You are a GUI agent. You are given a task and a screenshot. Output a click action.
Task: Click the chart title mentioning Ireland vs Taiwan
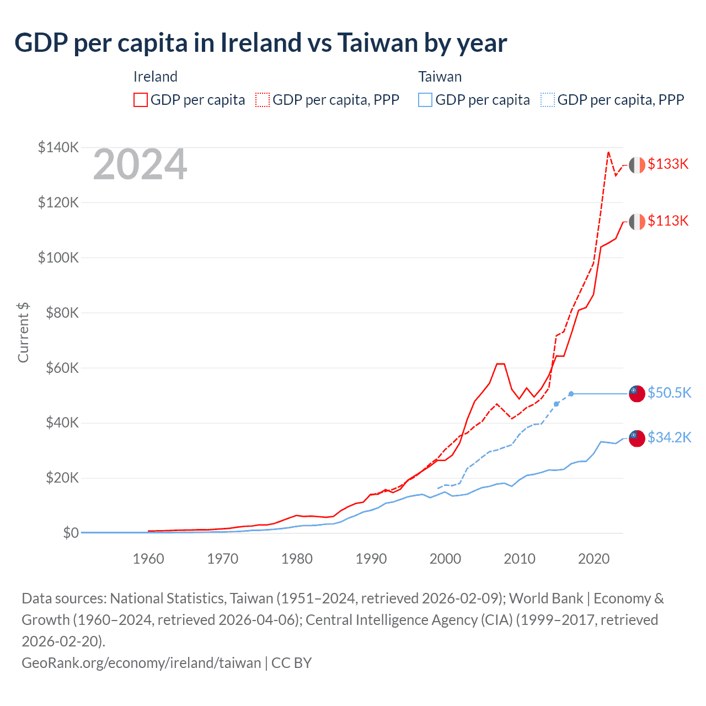[260, 43]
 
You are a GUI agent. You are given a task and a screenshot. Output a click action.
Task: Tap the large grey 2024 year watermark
[140, 164]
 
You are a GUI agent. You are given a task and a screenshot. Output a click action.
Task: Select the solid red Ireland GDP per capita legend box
[141, 100]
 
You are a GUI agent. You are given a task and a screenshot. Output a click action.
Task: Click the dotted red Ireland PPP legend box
[263, 100]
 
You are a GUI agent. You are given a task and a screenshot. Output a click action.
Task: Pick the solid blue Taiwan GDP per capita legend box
[425, 100]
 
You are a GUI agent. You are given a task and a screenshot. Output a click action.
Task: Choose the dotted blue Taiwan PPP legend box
[548, 100]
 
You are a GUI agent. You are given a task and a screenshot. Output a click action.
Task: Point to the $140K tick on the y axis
[58, 147]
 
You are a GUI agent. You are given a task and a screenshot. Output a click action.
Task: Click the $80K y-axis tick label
[58, 313]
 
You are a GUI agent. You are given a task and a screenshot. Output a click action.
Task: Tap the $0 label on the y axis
[70, 533]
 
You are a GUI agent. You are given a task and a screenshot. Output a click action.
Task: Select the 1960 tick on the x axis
[148, 559]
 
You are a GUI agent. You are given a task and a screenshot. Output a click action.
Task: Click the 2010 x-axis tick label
[520, 559]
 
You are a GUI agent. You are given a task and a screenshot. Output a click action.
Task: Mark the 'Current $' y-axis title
[23, 333]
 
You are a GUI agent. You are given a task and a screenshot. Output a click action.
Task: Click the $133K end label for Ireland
[668, 164]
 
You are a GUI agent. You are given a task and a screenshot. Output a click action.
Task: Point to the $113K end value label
[668, 221]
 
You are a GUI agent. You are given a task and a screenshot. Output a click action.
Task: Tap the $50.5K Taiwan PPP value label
[669, 393]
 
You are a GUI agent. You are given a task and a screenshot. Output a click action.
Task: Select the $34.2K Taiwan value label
[669, 438]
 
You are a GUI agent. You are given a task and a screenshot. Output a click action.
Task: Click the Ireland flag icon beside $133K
[637, 165]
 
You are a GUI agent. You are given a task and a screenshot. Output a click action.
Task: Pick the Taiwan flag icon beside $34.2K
[637, 438]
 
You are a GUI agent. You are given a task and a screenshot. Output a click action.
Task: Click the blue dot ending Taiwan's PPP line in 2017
[571, 394]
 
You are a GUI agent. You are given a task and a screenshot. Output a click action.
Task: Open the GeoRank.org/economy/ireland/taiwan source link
[141, 662]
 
